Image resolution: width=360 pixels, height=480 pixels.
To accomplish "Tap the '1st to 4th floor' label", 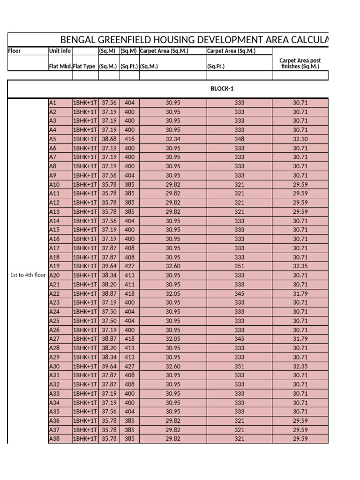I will click(28, 275).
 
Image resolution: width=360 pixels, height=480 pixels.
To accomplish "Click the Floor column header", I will click(15, 51).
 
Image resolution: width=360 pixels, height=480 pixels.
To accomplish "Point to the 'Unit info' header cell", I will click(60, 51).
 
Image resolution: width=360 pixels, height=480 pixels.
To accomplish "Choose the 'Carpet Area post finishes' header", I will click(300, 63).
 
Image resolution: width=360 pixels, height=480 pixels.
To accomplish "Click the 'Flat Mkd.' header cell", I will click(60, 67).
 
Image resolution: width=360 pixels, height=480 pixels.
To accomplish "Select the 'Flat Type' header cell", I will click(85, 67).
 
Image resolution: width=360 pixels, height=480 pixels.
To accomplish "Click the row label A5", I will click(53, 139).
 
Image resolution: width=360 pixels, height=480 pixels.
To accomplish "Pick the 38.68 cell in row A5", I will click(109, 139).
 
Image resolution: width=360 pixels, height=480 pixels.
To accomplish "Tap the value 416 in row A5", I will click(129, 139).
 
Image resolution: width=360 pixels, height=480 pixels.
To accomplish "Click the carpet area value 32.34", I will click(172, 139).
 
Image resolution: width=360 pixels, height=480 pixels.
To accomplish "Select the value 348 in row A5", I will click(239, 139).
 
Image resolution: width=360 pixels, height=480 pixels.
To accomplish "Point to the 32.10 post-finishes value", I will click(300, 139).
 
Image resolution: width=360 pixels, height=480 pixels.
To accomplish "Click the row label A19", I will click(54, 266).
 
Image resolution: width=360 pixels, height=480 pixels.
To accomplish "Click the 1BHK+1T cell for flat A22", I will click(85, 293).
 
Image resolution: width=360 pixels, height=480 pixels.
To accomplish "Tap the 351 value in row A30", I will click(239, 367).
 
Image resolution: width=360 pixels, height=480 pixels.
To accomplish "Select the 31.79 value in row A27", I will click(300, 339).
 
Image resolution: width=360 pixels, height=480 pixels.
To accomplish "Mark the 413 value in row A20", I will click(129, 275).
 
